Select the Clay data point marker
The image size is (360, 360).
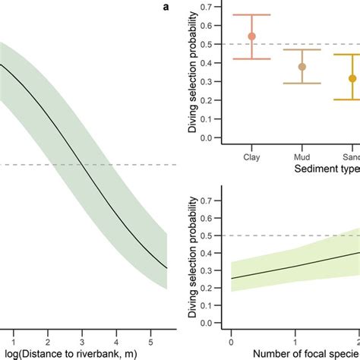pyautogui.click(x=252, y=36)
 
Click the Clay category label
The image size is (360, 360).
pyautogui.click(x=252, y=158)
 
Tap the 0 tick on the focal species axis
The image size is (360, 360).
pyautogui.click(x=231, y=335)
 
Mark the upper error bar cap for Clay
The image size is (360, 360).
pyautogui.click(x=252, y=15)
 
